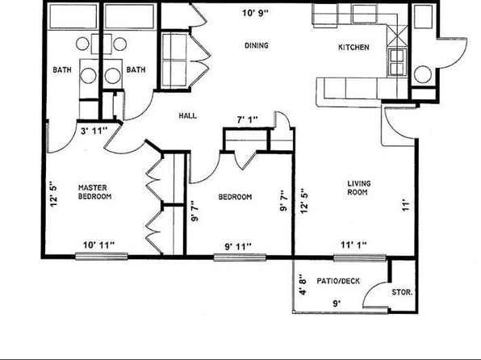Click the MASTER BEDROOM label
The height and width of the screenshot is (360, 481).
tap(94, 192)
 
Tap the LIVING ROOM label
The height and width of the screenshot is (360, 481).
tap(358, 188)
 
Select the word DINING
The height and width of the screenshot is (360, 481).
tap(257, 45)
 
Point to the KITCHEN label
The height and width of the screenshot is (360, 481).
tap(353, 48)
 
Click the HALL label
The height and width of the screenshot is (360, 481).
tap(188, 115)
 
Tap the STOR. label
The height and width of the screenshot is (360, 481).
tap(402, 292)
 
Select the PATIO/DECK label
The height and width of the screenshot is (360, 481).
tap(338, 281)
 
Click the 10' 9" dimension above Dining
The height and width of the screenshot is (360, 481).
tap(255, 13)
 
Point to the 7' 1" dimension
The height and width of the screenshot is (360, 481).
tap(248, 119)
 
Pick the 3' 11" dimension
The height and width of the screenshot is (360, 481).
tap(94, 131)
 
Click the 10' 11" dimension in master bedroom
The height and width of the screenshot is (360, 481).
tap(98, 245)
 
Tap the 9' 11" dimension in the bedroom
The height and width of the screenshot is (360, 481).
tap(238, 246)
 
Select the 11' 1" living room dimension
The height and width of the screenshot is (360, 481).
tap(353, 245)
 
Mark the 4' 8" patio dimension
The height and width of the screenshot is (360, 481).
tap(303, 284)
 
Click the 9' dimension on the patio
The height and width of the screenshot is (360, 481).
tap(337, 303)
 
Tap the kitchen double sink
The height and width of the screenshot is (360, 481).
tap(397, 62)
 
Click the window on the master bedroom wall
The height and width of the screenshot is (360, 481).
tap(102, 256)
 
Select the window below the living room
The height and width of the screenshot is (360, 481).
tap(359, 258)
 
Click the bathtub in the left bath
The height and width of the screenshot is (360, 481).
tap(73, 16)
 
